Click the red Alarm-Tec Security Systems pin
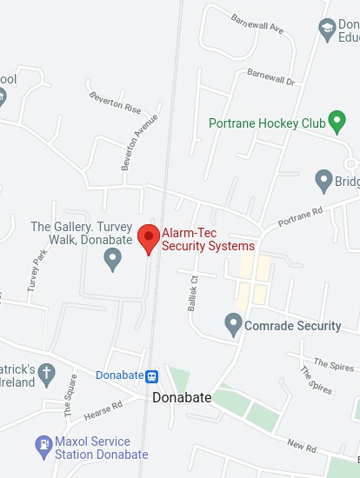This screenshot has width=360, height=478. click(149, 237)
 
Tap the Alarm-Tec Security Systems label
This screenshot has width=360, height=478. click(208, 239)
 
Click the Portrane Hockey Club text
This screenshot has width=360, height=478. click(266, 123)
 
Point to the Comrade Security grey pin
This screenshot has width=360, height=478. click(233, 326)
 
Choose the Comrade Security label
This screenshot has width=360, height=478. click(293, 326)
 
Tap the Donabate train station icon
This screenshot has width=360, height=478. click(152, 376)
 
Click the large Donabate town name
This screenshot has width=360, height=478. click(183, 397)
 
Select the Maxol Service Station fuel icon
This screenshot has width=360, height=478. click(43, 447)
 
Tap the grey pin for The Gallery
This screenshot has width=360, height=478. click(112, 258)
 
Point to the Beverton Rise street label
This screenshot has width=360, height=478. click(114, 103)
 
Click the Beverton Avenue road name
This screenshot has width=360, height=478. click(140, 138)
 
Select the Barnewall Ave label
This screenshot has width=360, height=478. click(258, 23)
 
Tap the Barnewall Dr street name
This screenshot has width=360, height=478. click(270, 76)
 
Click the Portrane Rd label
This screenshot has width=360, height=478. click(300, 216)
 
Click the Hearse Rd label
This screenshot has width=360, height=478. click(103, 408)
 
